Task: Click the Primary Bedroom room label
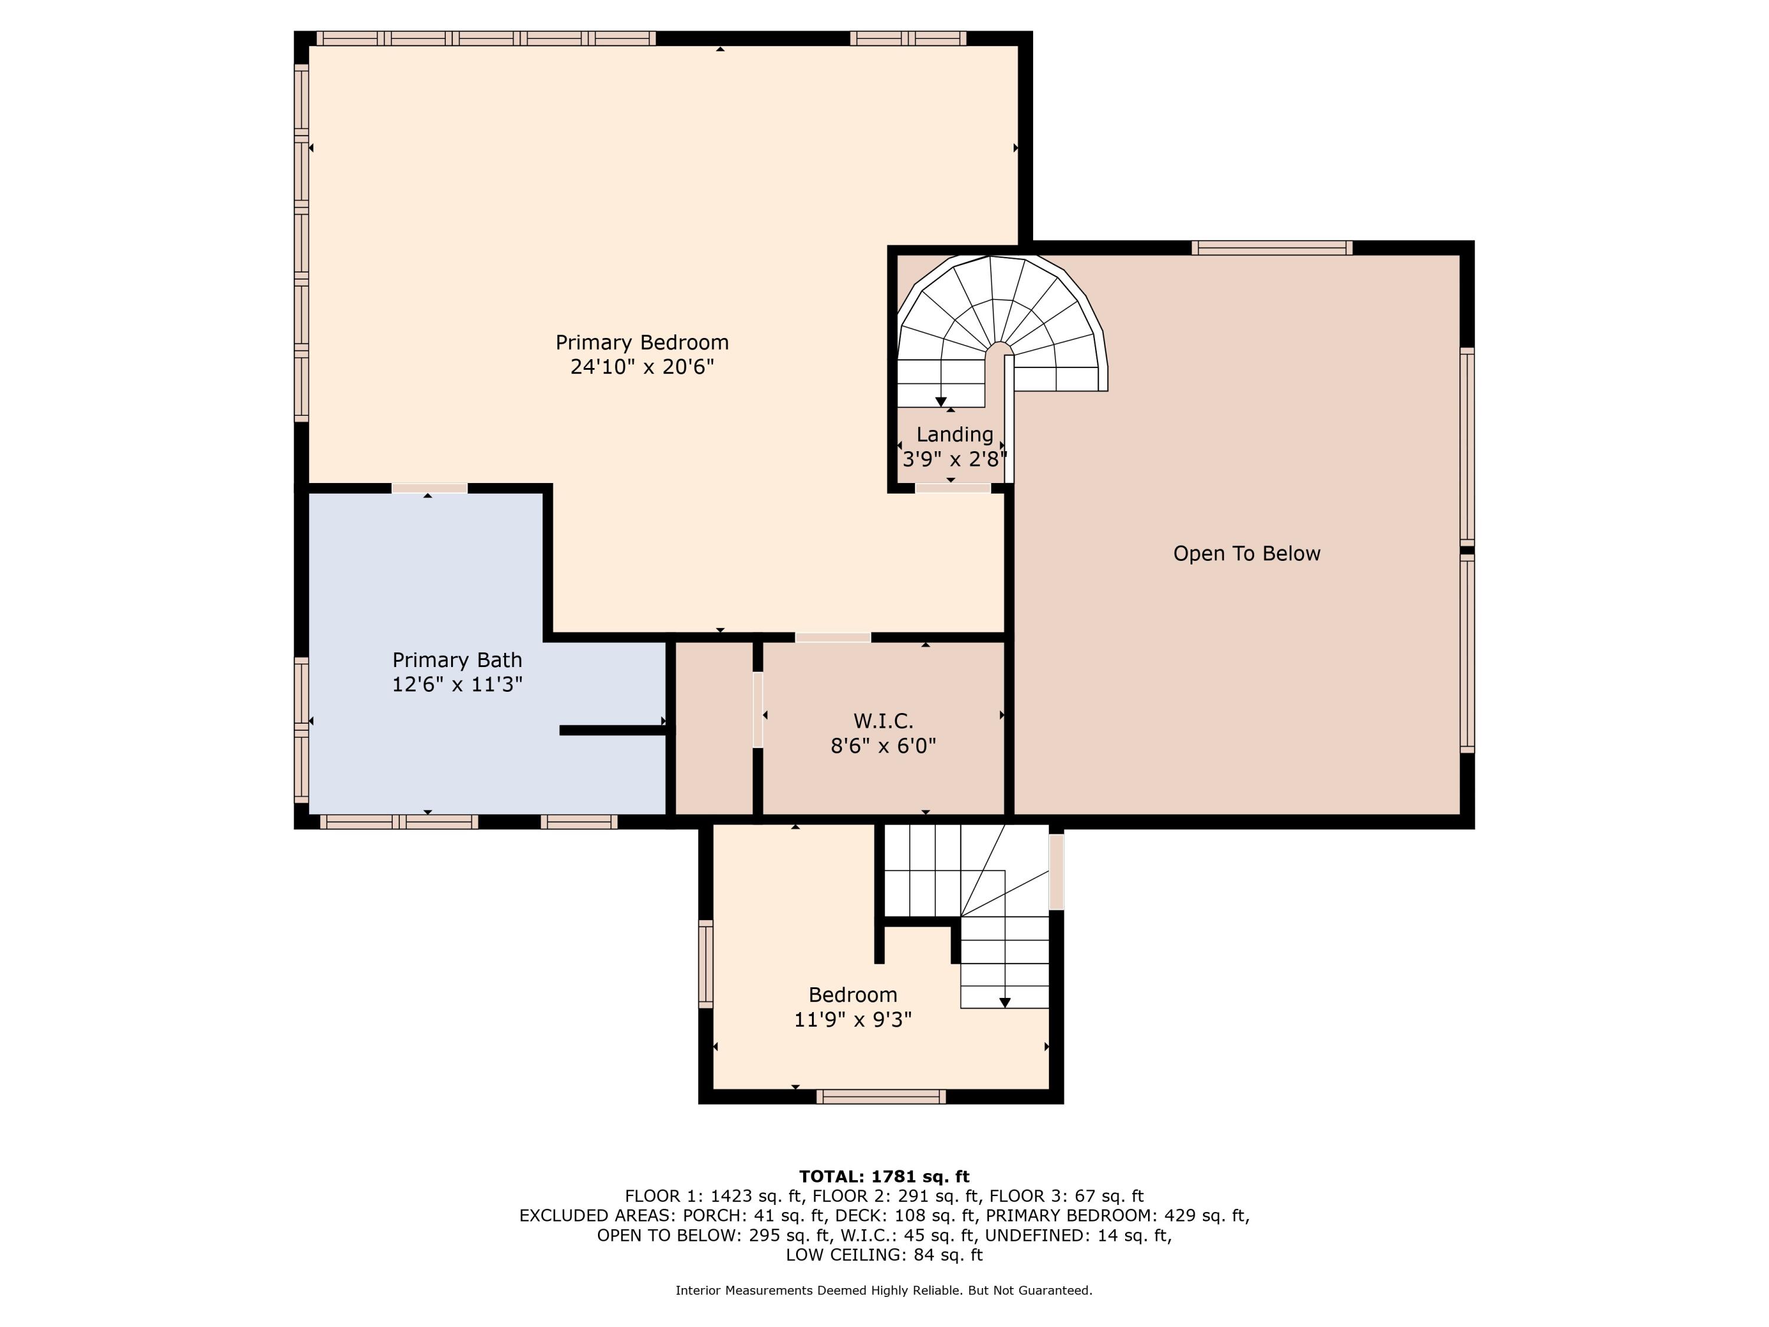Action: click(642, 342)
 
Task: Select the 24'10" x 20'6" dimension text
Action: click(642, 367)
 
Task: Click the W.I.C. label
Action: click(883, 721)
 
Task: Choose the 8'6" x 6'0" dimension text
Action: click(883, 746)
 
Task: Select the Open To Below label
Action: click(1247, 554)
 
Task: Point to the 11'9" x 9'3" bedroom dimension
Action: click(853, 1020)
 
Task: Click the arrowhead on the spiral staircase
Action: click(941, 402)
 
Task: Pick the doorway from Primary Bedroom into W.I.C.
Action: click(833, 638)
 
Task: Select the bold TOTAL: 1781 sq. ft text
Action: click(884, 1177)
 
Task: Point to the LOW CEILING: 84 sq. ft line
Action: click(884, 1254)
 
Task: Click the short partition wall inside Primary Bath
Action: click(613, 730)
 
